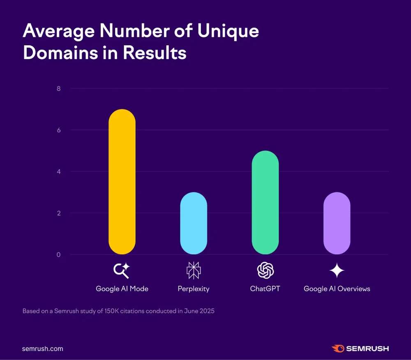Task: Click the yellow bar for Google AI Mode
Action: coord(122,182)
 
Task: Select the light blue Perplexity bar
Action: coord(194,223)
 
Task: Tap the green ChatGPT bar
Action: coord(265,202)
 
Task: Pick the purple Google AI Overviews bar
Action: coord(337,223)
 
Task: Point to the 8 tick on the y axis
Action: coord(58,89)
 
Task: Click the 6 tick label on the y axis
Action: coord(58,130)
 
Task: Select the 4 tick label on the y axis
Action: coord(58,172)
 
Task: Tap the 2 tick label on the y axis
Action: coord(58,213)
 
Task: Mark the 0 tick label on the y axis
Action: coord(58,255)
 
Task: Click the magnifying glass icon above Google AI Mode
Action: coord(122,270)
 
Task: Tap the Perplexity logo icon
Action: coord(194,270)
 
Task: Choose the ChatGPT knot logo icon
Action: coord(265,270)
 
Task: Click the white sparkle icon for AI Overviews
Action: coord(337,270)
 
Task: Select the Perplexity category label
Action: coord(194,289)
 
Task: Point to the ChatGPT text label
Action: coord(265,289)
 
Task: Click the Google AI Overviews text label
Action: coord(337,289)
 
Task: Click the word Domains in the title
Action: coord(59,53)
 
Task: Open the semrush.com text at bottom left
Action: coord(43,348)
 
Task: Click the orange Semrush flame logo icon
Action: coord(338,348)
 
